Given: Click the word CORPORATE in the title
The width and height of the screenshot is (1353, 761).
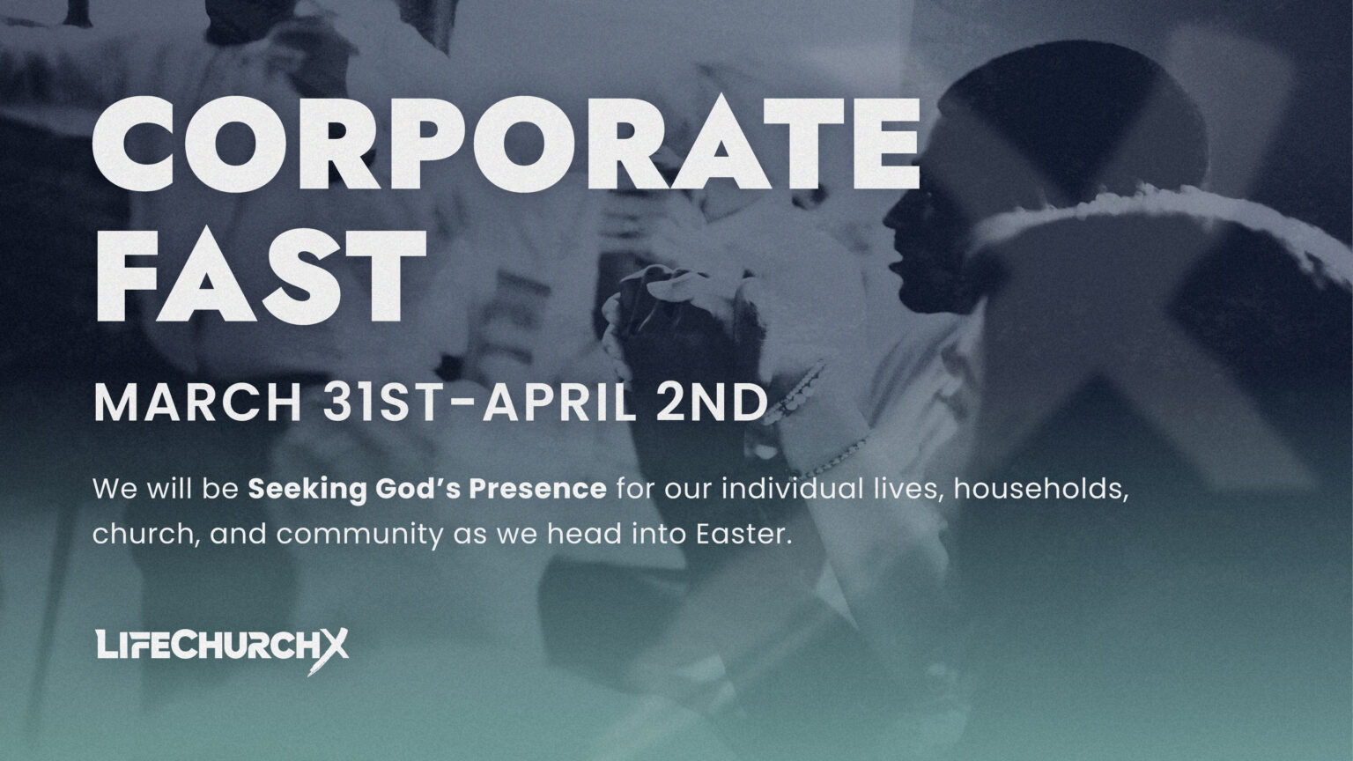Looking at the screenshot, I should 506,147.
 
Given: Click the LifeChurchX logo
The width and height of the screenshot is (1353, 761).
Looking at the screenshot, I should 220,646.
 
